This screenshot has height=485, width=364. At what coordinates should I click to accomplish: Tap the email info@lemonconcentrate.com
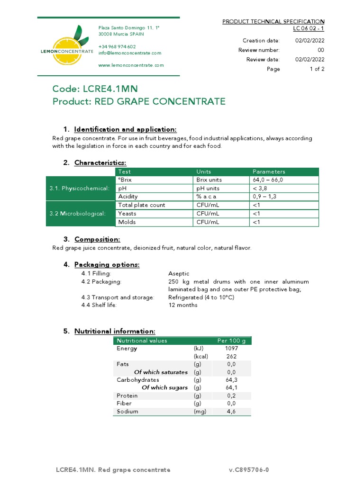[x=129, y=53]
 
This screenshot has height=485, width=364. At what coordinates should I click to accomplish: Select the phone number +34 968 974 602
[x=117, y=46]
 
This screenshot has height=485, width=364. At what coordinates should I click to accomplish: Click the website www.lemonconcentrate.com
[x=131, y=65]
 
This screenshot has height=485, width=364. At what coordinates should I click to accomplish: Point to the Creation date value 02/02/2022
[x=309, y=40]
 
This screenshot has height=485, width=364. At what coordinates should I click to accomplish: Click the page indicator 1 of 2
[x=317, y=69]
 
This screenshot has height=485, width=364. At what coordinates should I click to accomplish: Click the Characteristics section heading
[x=100, y=163]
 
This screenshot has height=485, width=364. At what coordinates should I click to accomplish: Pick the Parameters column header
[x=269, y=171]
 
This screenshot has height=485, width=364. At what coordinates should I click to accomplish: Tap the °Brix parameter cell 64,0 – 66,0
[x=268, y=180]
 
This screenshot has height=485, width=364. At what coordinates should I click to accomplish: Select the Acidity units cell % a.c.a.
[x=207, y=197]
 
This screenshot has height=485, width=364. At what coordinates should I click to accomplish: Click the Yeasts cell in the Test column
[x=127, y=214]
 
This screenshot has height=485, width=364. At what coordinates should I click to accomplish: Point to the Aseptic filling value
[x=179, y=274]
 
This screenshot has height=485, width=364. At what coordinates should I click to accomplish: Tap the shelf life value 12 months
[x=183, y=305]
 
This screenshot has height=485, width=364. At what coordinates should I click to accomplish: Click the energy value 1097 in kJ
[x=231, y=348]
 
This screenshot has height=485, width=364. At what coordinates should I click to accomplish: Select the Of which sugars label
[x=164, y=387]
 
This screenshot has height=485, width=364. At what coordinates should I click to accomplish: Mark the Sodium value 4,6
[x=231, y=412]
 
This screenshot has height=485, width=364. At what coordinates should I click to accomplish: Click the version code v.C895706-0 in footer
[x=249, y=470]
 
